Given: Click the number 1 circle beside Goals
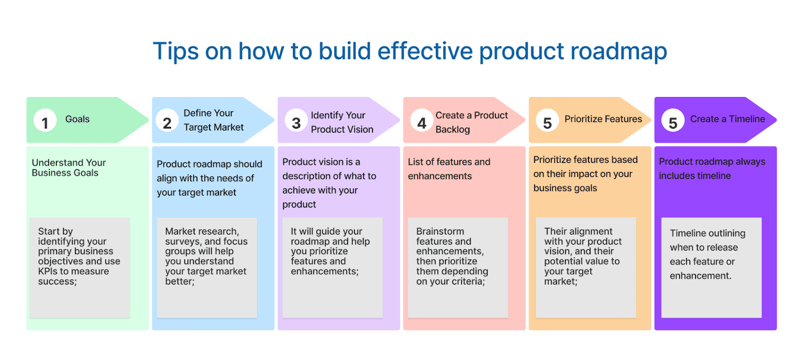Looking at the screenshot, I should click(x=43, y=122).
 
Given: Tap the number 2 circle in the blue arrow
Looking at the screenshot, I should click(x=167, y=123).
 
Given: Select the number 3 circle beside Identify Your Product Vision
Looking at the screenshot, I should click(x=295, y=123).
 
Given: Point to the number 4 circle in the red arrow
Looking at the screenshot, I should click(x=421, y=123).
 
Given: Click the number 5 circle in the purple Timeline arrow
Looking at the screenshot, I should click(x=672, y=123).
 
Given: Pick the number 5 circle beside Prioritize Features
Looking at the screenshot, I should click(x=546, y=123).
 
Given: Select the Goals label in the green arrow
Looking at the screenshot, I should click(x=77, y=119).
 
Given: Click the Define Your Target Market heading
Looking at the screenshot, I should click(x=213, y=120).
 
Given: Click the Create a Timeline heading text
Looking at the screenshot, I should click(x=727, y=119).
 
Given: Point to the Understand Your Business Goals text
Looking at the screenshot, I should click(x=68, y=168).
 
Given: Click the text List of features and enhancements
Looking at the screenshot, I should click(x=449, y=169).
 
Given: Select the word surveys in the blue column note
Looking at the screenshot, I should click(x=186, y=243).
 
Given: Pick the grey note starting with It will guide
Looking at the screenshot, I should click(x=331, y=265).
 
